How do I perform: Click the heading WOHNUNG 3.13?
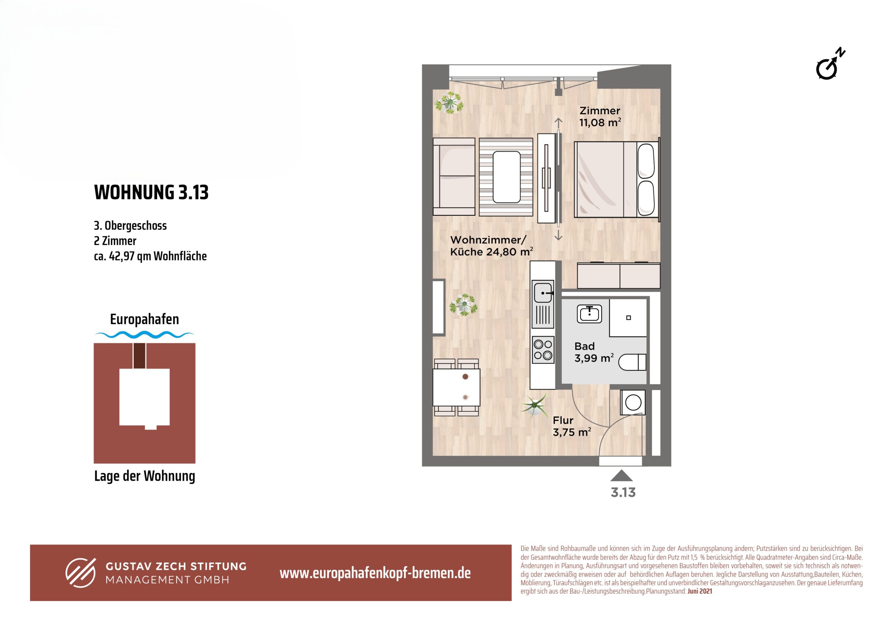[151, 192]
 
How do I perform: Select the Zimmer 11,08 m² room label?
[600, 117]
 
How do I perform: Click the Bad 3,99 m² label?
[594, 352]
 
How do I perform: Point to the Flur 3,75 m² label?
[572, 426]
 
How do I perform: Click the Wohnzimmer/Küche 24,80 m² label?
[491, 246]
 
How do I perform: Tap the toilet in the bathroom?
[632, 362]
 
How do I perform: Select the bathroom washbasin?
[589, 314]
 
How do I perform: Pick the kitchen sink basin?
[542, 293]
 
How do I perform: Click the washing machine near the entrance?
[633, 402]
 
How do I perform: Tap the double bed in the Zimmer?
[617, 179]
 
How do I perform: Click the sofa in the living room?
[454, 177]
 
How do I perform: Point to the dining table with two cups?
[456, 388]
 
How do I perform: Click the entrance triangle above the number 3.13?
[622, 476]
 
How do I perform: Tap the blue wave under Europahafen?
[144, 334]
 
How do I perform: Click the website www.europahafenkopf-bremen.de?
[375, 573]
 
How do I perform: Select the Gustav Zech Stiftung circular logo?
[81, 573]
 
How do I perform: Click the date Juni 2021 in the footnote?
[700, 591]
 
